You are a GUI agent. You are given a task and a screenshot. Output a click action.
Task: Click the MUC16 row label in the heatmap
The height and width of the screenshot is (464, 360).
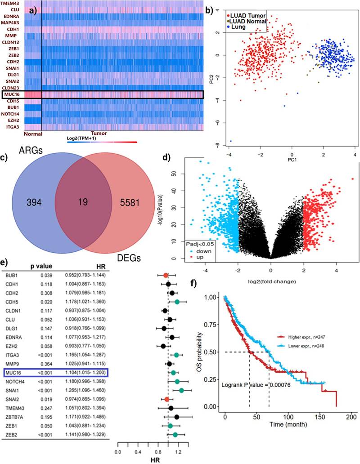pyautogui.click(x=12, y=95)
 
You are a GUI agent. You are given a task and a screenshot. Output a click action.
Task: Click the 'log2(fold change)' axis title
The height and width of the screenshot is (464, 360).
pyautogui.click(x=270, y=282)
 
